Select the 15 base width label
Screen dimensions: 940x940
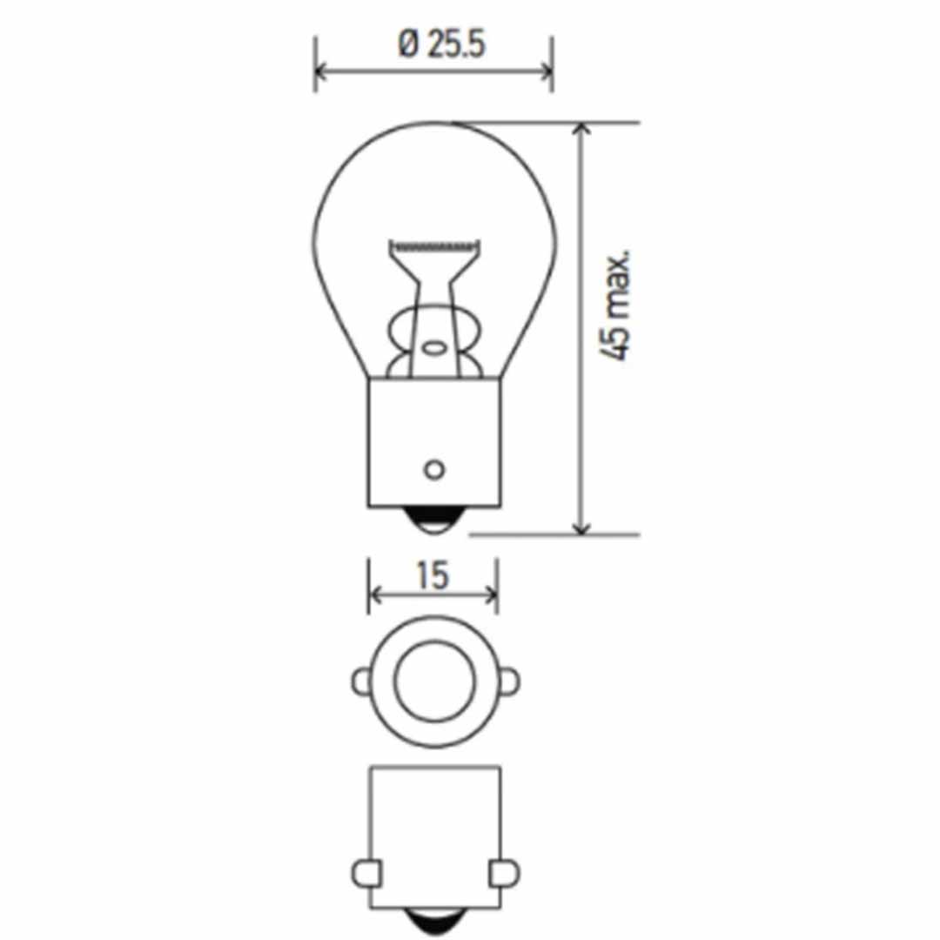(432, 575)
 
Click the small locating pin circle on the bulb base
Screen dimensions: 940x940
(433, 470)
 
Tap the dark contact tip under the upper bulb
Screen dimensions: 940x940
(433, 520)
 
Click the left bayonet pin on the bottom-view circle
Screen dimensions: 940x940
(361, 681)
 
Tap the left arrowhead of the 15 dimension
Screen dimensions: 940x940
(375, 595)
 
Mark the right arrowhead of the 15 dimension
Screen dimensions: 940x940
(491, 595)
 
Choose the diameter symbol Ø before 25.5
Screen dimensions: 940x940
(409, 45)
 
